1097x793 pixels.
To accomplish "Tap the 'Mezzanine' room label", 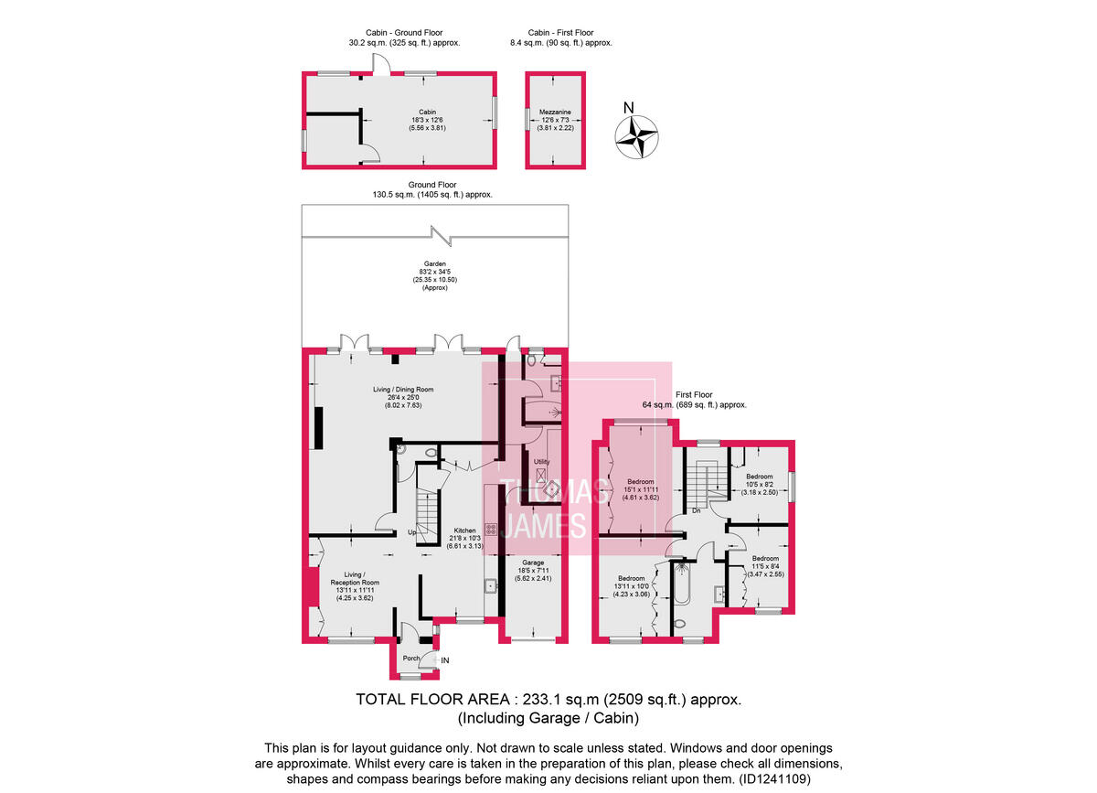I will tap(555, 111).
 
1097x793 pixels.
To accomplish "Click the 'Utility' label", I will tap(541, 462).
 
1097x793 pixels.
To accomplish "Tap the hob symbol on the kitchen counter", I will tap(490, 528).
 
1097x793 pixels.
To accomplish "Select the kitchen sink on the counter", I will tap(491, 585).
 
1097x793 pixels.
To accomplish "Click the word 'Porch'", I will tap(411, 658).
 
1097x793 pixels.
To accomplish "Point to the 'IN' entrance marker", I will tap(445, 660).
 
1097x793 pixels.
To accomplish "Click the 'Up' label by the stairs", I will tap(412, 532).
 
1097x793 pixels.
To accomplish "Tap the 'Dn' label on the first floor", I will tap(696, 510).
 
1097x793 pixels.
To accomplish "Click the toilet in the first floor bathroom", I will tap(677, 625).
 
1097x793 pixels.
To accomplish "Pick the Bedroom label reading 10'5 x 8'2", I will tap(760, 477).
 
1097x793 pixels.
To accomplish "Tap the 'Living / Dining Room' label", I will tap(402, 390).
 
